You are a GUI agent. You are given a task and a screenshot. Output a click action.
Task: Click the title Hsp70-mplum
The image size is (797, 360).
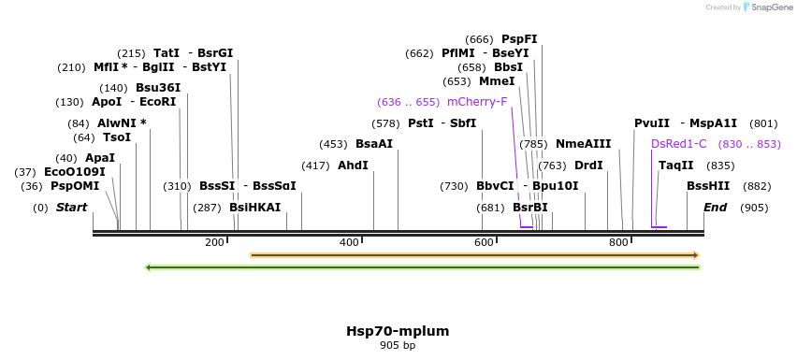click(x=398, y=331)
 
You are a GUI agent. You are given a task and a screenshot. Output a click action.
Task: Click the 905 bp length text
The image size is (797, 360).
click(x=398, y=346)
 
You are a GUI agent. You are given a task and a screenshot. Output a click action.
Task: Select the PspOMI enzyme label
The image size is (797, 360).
click(x=75, y=186)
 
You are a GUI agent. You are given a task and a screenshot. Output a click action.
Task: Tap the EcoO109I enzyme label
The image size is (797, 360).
click(x=75, y=172)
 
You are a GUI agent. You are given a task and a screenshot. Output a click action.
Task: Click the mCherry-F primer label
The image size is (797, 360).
click(x=477, y=102)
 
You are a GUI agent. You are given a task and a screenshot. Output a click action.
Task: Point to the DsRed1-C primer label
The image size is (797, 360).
click(x=679, y=144)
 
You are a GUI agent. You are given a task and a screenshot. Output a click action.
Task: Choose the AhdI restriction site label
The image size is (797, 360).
click(x=353, y=166)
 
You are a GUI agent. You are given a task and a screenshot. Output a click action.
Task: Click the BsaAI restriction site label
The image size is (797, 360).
click(x=374, y=144)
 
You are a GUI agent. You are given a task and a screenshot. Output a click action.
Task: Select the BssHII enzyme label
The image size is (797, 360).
click(x=708, y=186)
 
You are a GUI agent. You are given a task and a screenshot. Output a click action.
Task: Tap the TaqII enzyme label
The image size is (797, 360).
click(x=676, y=166)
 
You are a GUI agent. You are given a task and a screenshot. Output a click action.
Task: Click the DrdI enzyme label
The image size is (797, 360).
click(x=588, y=166)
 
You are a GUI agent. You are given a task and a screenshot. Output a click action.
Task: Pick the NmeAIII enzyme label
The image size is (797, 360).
click(x=583, y=144)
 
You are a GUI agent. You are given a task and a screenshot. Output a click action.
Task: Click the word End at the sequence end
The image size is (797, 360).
click(x=716, y=208)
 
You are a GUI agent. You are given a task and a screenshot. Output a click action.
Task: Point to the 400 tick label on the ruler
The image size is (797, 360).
click(x=349, y=243)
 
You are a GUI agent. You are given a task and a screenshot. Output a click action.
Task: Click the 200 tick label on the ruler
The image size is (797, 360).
click(x=214, y=243)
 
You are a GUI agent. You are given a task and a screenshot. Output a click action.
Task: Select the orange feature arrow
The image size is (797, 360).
click(x=475, y=254)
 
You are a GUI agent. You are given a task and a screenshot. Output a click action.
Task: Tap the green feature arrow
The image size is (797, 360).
click(x=423, y=267)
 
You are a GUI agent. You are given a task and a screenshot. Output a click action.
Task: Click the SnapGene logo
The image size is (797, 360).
click(x=766, y=7)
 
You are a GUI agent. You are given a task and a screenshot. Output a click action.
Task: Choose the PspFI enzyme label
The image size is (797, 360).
click(x=519, y=39)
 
